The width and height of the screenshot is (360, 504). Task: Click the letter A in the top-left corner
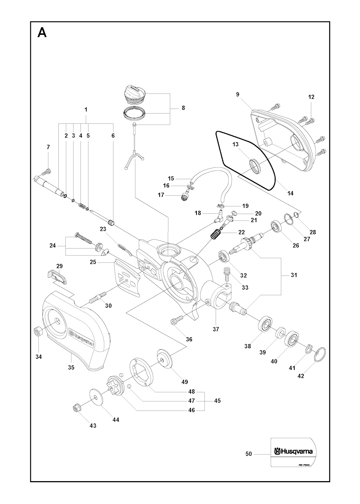coord(42,33)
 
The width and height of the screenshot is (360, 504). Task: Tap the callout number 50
coord(249,454)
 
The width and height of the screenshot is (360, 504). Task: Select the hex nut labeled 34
coord(38,331)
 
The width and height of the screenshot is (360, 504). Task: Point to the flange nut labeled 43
coord(76,408)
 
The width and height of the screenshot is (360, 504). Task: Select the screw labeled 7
coord(46,172)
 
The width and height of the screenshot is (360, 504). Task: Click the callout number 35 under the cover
coord(71,367)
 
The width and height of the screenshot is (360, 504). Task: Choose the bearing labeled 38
coord(266,324)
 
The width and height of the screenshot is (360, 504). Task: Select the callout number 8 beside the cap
coord(183,108)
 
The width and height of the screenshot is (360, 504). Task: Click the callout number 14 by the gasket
coord(290,193)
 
